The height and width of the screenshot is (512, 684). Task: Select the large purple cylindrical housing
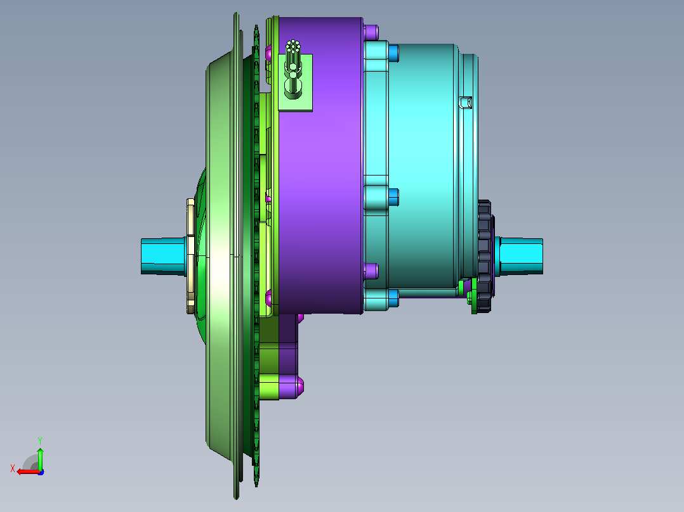point(320,165)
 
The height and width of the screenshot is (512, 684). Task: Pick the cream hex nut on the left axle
point(190,256)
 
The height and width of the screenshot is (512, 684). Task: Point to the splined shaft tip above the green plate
point(293,45)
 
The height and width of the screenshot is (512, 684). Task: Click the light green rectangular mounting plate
point(295,83)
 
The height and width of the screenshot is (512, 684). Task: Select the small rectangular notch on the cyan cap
point(466,103)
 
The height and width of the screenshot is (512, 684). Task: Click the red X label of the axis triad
point(13,468)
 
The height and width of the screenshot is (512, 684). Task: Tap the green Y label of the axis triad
point(40,440)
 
